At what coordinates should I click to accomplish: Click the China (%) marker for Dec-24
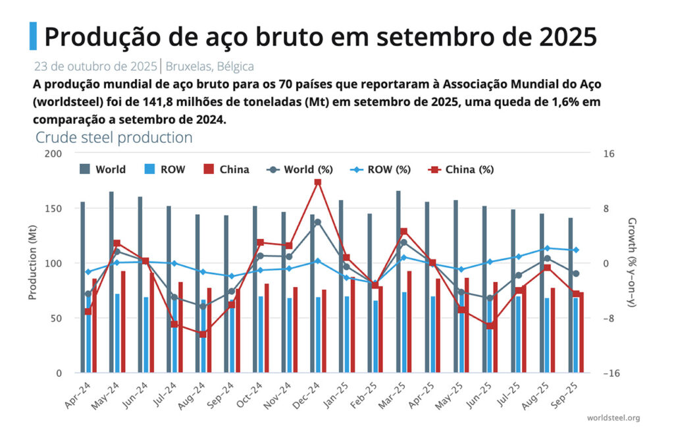click(318, 182)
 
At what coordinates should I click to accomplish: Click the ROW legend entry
click(165, 169)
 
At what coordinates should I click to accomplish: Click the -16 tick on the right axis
click(608, 373)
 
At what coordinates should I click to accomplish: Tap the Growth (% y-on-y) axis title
click(633, 263)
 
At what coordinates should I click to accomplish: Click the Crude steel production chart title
click(114, 138)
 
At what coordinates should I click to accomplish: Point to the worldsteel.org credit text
click(613, 418)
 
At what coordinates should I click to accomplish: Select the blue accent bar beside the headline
click(33, 36)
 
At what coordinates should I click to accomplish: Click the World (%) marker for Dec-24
click(318, 222)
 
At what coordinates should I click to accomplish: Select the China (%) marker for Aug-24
click(203, 334)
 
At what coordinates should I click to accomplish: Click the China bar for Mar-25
click(409, 322)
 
